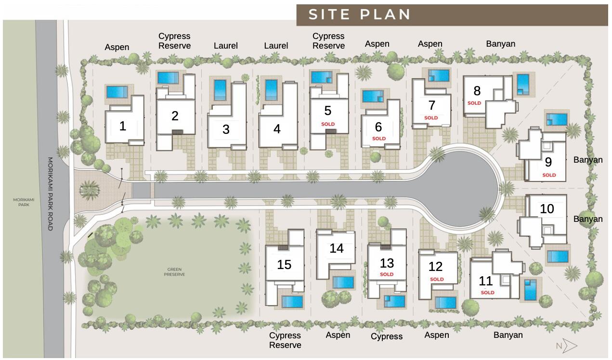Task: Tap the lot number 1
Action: (x=123, y=126)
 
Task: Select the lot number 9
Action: (x=548, y=162)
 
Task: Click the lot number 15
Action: (x=284, y=265)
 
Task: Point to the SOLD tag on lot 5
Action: (x=328, y=124)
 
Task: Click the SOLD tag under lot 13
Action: (x=387, y=274)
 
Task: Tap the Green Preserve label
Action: (x=174, y=272)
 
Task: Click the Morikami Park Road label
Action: (x=50, y=193)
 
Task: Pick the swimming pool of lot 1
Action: (x=117, y=91)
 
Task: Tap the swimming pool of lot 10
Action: (x=558, y=256)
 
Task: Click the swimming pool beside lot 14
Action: (x=342, y=282)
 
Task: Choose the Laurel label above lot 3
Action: (x=225, y=46)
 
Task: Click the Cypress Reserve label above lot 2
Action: (x=174, y=41)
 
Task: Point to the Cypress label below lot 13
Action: (x=386, y=336)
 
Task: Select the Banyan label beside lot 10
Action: (x=588, y=219)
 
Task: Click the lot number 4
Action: (x=276, y=129)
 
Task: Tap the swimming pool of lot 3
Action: (x=220, y=90)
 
